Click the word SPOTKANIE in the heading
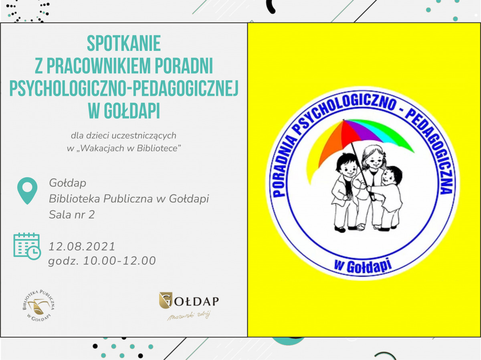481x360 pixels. point(124,43)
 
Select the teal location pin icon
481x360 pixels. point(27,191)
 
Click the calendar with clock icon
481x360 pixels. point(27,246)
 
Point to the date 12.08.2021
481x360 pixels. point(82,247)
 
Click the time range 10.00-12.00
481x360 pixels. point(119,261)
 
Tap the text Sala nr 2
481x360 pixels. point(72,214)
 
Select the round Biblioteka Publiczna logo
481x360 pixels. point(39,305)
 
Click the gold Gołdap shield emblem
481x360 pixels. point(166,300)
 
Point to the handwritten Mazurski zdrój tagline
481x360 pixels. point(189,316)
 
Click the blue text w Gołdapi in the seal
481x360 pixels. point(363,266)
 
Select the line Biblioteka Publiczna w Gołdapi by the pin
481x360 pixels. point(129,199)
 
